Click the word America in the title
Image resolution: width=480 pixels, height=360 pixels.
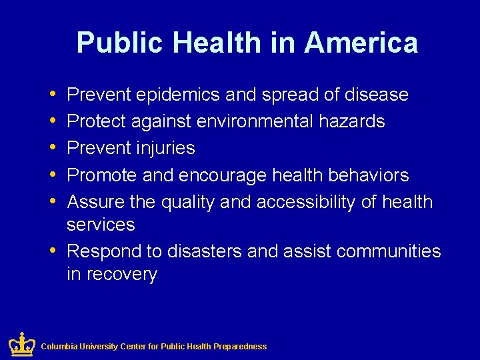pos(361,43)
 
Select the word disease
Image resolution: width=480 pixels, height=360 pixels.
pos(376,95)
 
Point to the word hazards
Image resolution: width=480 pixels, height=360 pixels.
pos(351,121)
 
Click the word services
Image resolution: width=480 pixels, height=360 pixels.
pos(101,225)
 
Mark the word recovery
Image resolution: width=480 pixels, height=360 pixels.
pos(120,274)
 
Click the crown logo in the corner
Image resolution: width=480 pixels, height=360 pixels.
pos(21,344)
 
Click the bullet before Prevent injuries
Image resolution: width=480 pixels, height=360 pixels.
pos(53,148)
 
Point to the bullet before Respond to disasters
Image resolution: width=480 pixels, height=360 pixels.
pos(53,251)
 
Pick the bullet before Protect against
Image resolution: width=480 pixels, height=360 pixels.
pos(53,121)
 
